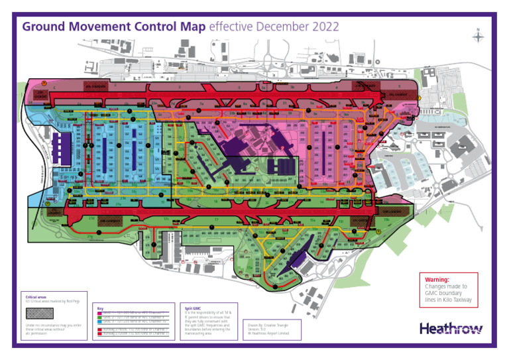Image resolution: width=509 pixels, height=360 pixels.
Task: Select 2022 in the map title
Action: (x=325, y=27)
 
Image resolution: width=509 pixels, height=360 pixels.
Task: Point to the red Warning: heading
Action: (x=437, y=280)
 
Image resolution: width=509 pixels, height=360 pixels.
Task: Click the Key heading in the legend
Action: (x=100, y=308)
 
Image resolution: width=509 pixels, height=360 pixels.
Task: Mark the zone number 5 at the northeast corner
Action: (x=399, y=86)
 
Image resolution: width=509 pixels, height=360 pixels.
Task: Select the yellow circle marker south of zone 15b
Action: (x=378, y=231)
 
